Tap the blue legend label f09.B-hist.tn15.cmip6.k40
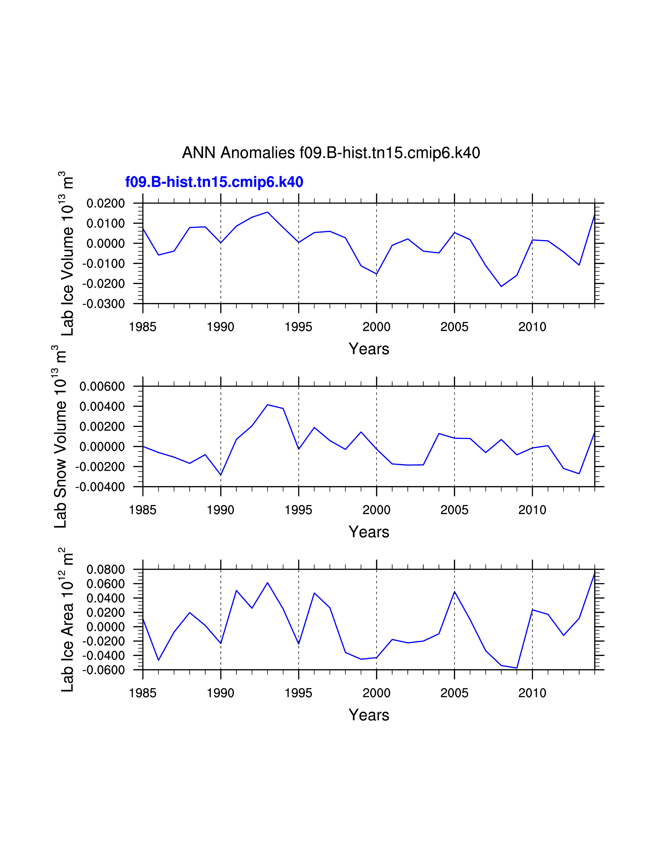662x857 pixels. [214, 182]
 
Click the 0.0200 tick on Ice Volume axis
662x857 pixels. [105, 203]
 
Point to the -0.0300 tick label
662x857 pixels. [104, 304]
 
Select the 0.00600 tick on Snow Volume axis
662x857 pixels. [102, 386]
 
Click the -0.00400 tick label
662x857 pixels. [100, 487]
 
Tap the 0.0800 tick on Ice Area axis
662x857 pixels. [105, 569]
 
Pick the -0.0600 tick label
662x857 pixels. [104, 670]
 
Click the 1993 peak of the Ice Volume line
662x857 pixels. [267, 212]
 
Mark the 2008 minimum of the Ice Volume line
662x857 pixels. [501, 286]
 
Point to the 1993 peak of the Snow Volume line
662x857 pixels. [267, 405]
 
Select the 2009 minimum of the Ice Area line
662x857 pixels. [517, 668]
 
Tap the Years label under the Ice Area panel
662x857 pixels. [369, 715]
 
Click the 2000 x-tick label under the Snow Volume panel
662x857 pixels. [376, 510]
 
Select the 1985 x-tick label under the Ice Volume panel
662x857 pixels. [143, 327]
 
